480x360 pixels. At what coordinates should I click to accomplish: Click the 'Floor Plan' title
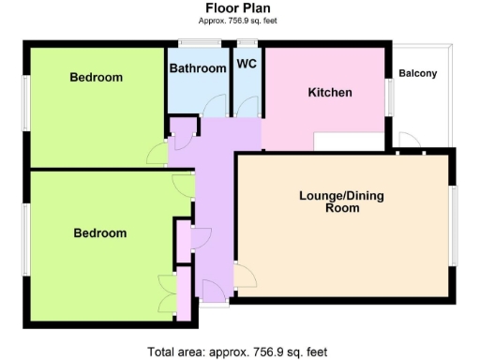point(239,7)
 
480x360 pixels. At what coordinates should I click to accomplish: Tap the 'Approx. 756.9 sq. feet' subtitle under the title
point(239,20)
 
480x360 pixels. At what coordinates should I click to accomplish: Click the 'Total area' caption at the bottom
point(238,352)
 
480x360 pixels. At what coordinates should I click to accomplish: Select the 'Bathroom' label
point(197,68)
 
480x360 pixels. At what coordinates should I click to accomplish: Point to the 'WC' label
point(247,65)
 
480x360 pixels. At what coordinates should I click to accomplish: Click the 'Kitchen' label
point(330,92)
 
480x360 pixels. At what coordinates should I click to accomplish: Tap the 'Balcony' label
point(418,74)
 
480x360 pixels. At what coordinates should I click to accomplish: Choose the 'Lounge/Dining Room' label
point(341,202)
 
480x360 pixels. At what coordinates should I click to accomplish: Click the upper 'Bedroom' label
point(96,77)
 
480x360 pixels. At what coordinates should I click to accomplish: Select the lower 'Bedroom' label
point(99,232)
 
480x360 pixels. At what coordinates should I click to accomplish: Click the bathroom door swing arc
point(215,106)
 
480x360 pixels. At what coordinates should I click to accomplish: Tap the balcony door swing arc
point(408,142)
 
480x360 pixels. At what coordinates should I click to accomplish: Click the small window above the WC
point(247,42)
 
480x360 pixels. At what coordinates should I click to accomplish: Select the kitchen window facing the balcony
point(389,97)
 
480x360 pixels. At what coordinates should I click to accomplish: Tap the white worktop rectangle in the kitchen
point(348,142)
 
